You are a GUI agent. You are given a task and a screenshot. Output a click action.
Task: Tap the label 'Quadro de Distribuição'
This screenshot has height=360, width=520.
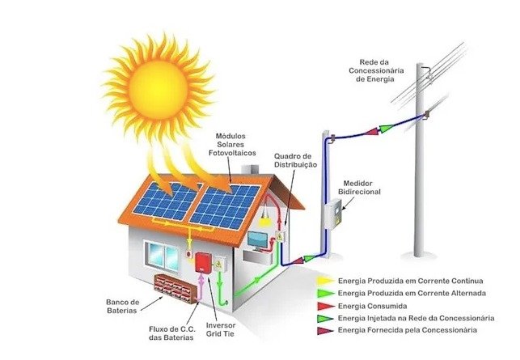tap(296, 159)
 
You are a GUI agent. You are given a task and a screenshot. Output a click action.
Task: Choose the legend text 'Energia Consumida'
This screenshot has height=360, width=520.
tap(373, 305)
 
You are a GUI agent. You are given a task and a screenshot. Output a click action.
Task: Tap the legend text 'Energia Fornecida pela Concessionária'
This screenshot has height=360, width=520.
tap(407, 331)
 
